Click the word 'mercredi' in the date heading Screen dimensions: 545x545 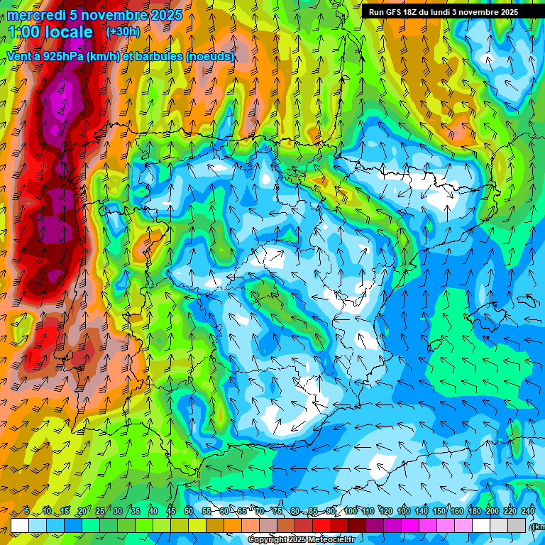(x=33, y=15)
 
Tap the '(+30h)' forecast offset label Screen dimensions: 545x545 (x=123, y=32)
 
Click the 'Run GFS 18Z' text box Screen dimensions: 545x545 (x=444, y=12)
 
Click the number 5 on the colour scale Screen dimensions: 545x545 (x=26, y=512)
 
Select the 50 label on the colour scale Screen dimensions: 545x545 (x=188, y=512)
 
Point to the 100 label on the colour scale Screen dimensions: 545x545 (x=351, y=512)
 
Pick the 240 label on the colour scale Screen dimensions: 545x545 (x=528, y=512)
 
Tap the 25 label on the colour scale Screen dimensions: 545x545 (x=99, y=512)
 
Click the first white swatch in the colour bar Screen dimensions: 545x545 (x=20, y=525)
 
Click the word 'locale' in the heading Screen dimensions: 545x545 (x=69, y=32)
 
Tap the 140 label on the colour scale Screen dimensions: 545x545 (x=422, y=512)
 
